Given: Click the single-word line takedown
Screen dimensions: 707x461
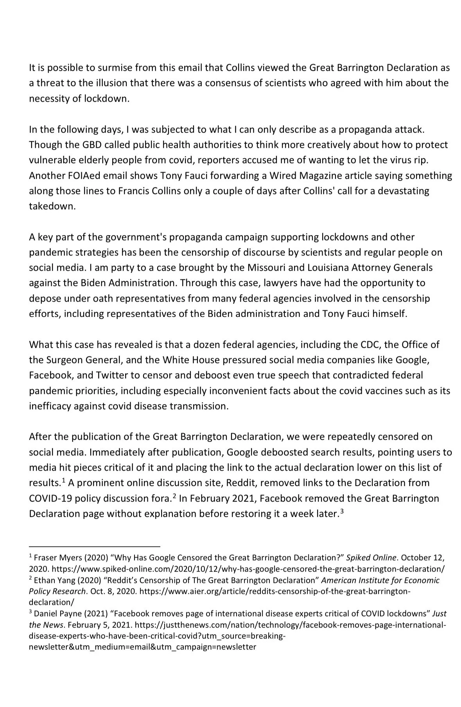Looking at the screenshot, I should click(52, 206).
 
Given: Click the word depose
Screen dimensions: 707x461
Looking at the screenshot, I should click(45, 299).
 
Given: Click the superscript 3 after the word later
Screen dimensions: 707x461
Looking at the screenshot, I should click(341, 511).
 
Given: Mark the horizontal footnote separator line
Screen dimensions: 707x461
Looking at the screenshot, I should click(95, 546).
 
